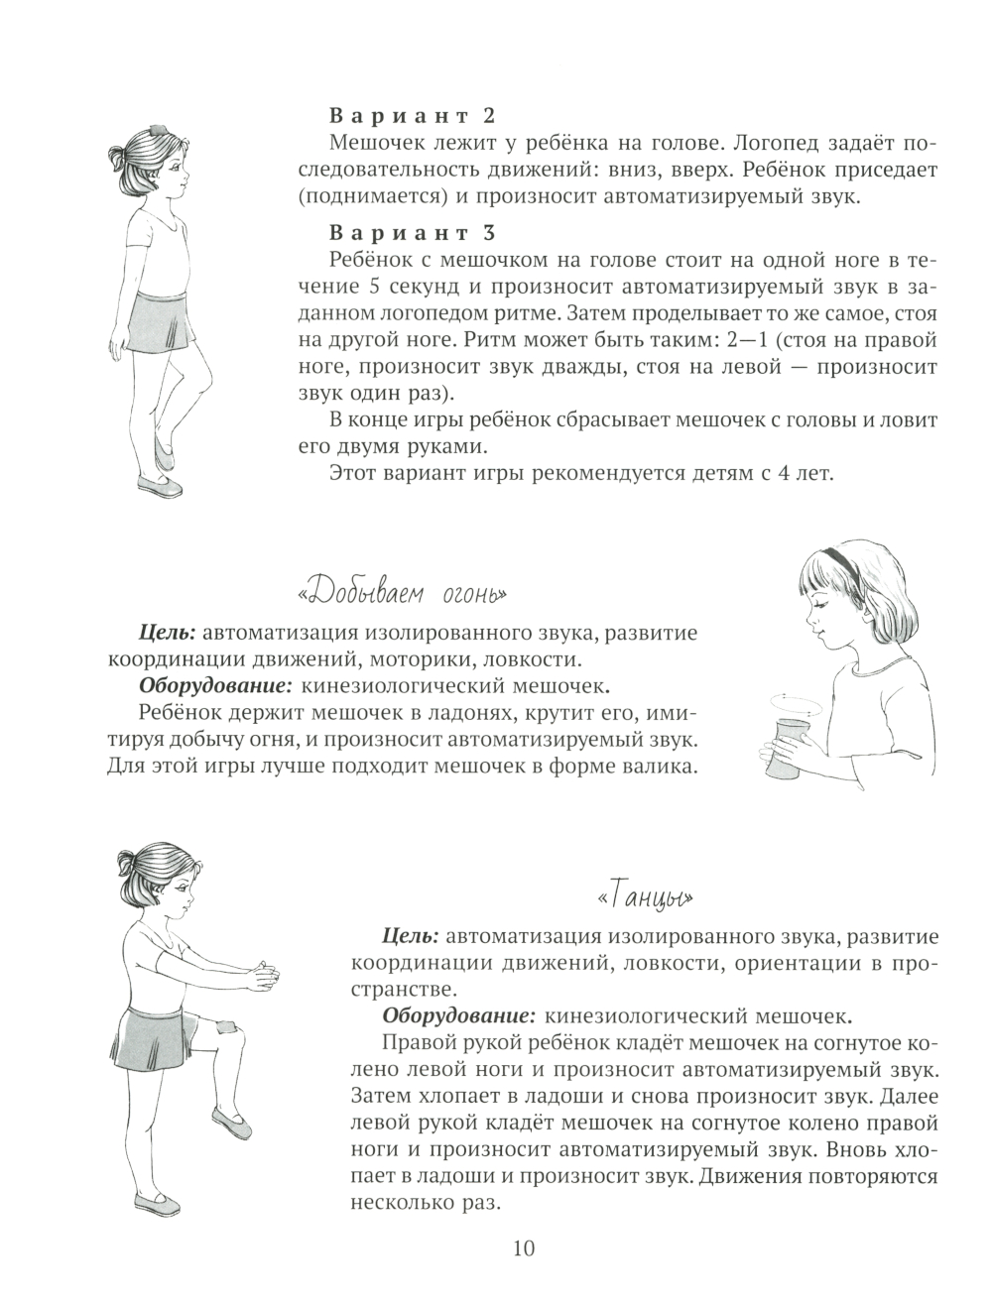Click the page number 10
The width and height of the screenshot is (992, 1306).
[525, 1247]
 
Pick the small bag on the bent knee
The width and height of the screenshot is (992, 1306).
[224, 1027]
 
